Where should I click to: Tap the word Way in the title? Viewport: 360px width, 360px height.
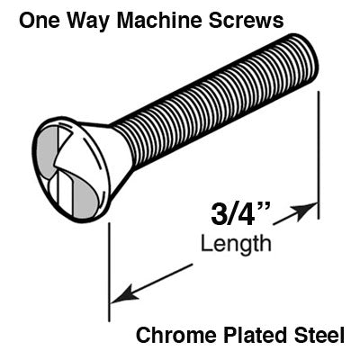point(85,18)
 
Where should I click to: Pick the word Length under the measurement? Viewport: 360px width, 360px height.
point(236,243)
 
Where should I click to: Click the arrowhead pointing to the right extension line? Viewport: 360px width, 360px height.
point(309,211)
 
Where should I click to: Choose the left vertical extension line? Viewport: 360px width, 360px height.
point(109,270)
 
